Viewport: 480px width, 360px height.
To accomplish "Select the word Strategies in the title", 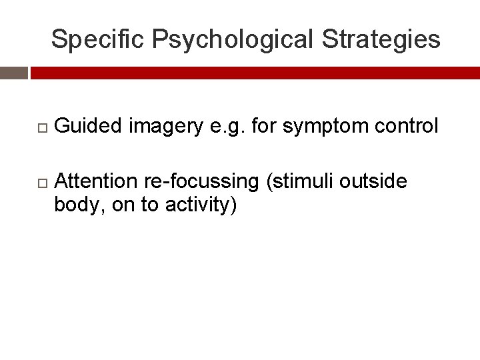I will [381, 39].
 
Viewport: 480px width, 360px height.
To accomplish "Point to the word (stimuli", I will [300, 181].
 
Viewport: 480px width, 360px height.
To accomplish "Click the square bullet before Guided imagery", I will [41, 126].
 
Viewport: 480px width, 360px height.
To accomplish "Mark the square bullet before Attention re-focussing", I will [41, 181].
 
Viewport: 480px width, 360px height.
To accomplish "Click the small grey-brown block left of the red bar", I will [13, 73].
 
